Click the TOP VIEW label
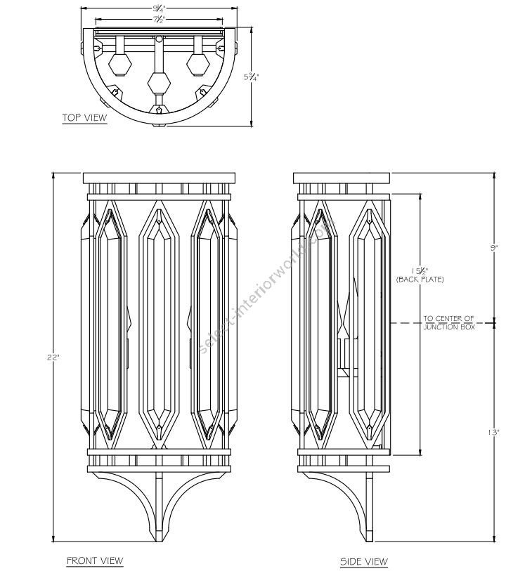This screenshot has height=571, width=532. (84, 118)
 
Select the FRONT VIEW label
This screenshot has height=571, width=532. (95, 560)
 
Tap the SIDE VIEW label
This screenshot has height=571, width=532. (364, 561)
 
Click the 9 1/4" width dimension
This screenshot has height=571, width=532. (158, 9)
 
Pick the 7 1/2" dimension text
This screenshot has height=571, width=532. (158, 20)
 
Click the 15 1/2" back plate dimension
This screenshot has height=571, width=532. (419, 271)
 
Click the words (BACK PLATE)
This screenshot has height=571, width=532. (420, 280)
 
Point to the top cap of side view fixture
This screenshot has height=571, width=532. (342, 177)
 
